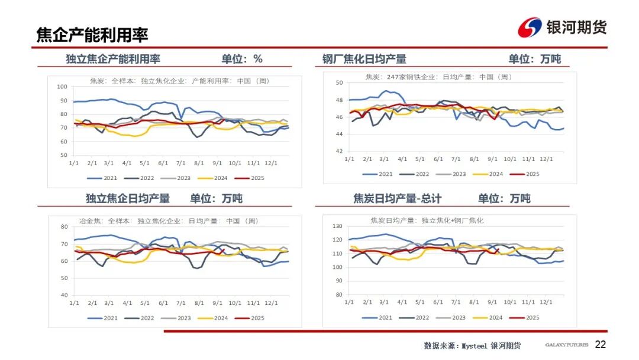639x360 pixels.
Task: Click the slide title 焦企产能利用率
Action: coord(92,34)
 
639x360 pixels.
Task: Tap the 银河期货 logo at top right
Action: coord(563,27)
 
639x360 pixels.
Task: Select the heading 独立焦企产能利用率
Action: coord(113,59)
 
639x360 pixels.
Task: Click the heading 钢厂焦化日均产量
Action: coord(364,59)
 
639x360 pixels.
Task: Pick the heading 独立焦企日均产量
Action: coord(128,198)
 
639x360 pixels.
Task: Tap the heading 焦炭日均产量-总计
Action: coord(398,198)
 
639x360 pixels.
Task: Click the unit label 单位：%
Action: coord(242,59)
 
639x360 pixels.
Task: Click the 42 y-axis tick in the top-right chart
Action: coord(340,152)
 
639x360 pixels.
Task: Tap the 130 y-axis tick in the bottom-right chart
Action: coord(338,227)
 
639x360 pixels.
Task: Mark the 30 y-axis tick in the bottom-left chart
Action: coord(64,295)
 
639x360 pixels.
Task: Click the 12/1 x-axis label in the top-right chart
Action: coord(547,160)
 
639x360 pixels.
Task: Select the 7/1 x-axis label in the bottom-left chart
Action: coord(182,303)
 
